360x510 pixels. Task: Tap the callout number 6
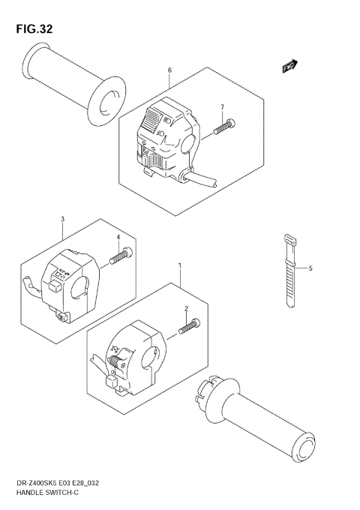coord(169,70)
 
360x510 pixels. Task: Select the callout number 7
coord(222,107)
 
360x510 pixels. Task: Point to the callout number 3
coord(62,219)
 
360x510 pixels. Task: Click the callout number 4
coord(118,238)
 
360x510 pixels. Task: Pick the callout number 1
coord(179,265)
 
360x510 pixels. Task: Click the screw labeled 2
coord(190,325)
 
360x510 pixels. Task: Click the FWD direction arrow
coord(290,67)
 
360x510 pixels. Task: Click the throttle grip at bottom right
coord(262,416)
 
